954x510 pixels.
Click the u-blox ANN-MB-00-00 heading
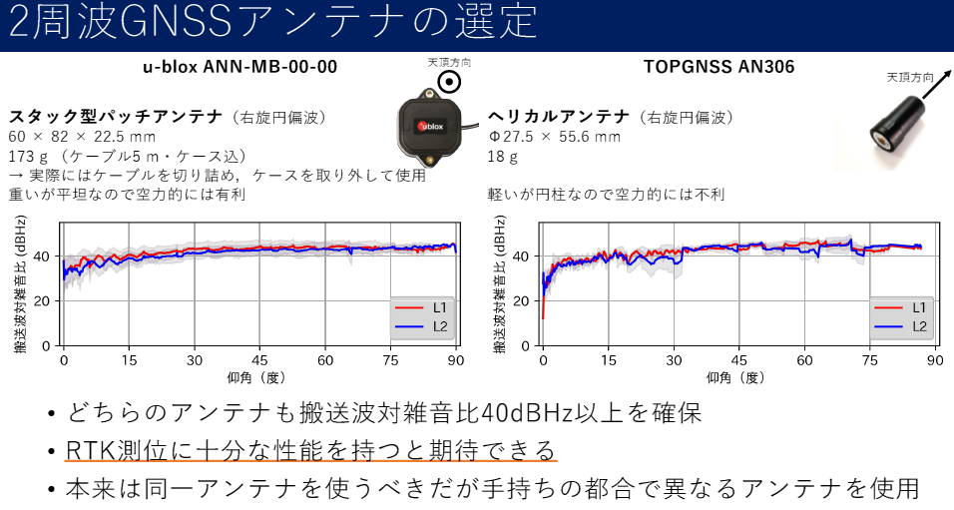[x=238, y=68]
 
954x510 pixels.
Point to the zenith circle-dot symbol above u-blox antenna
[x=450, y=83]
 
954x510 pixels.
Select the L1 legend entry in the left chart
[x=422, y=307]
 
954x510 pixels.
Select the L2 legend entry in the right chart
[x=900, y=326]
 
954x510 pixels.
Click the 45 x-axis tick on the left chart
[x=259, y=360]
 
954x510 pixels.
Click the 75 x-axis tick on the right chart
[x=870, y=360]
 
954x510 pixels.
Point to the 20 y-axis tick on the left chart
[x=44, y=300]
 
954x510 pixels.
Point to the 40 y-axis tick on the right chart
[x=523, y=255]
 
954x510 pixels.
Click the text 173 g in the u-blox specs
[x=29, y=156]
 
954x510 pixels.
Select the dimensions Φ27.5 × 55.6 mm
[x=554, y=137]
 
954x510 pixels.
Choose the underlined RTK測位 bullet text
[x=309, y=450]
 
